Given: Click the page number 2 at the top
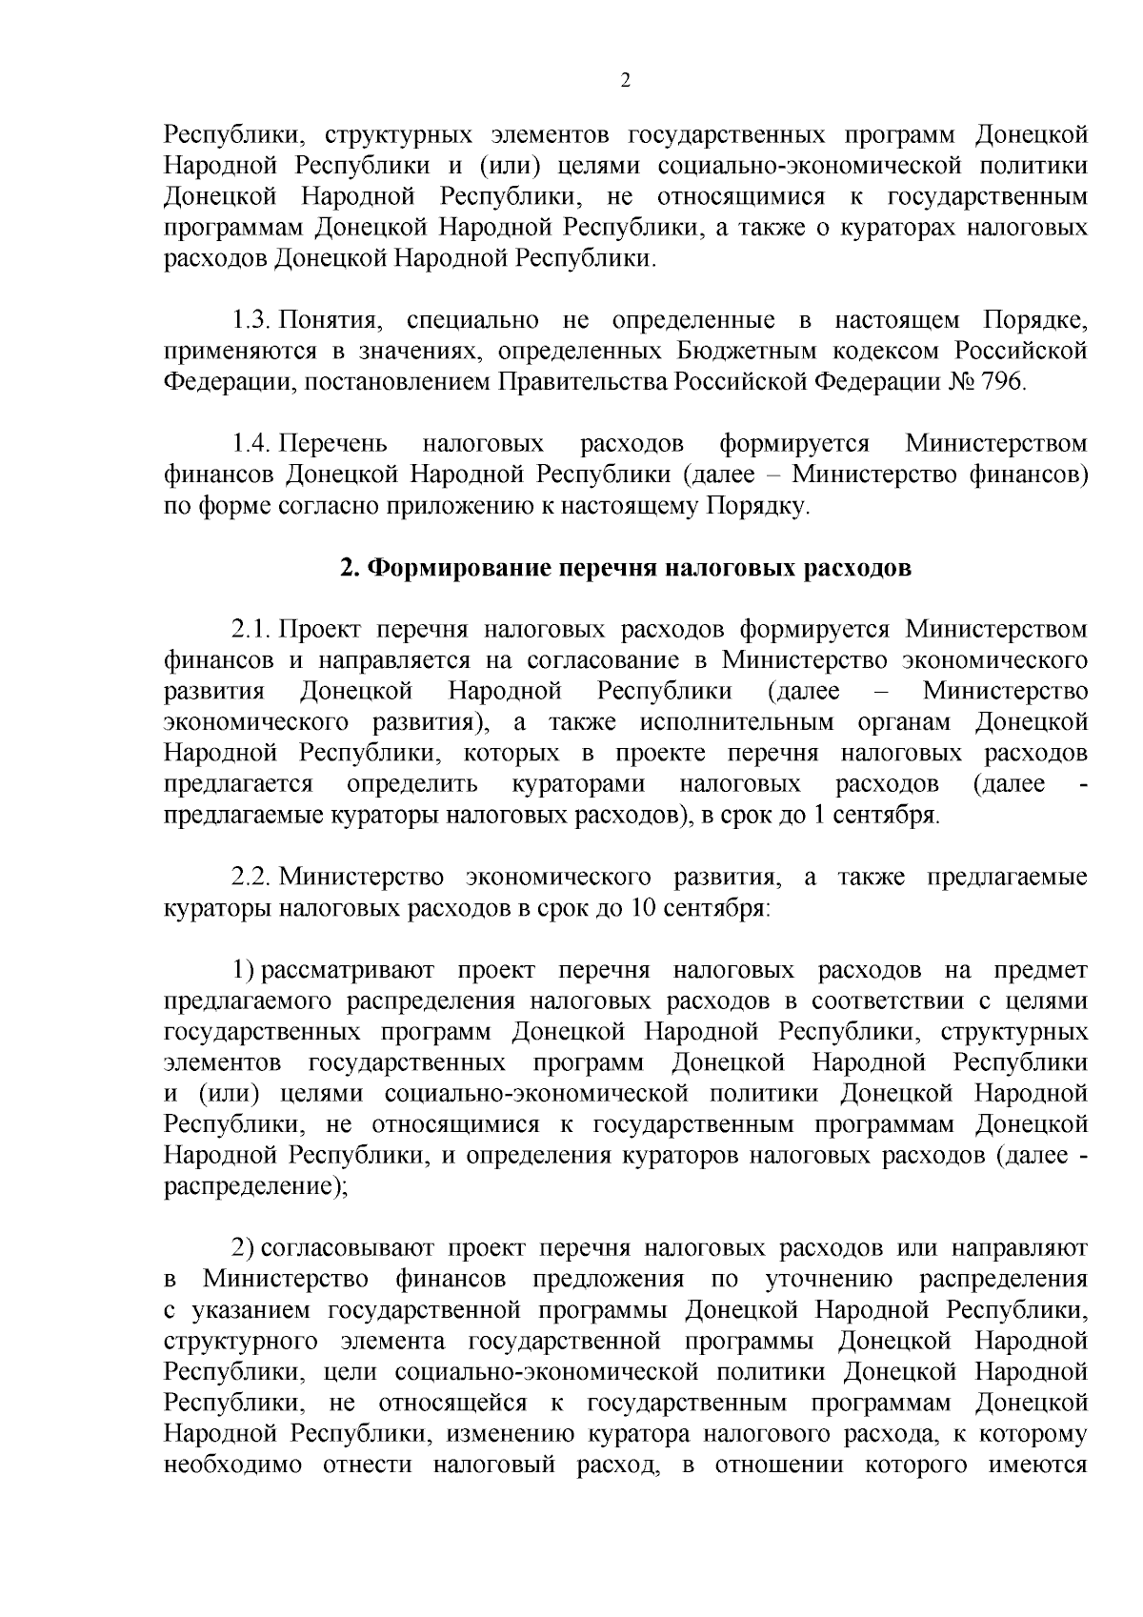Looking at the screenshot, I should (x=626, y=81).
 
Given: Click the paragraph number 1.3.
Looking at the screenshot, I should (x=253, y=319).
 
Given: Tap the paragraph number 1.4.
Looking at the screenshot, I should (x=253, y=443).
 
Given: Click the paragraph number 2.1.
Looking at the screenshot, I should (x=253, y=629).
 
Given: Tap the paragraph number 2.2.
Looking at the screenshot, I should (x=253, y=876).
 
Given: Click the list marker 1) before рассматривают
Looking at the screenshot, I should (x=243, y=969).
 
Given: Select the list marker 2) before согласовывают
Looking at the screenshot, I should (x=243, y=1247).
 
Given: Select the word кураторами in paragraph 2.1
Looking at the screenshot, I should (x=578, y=784).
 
